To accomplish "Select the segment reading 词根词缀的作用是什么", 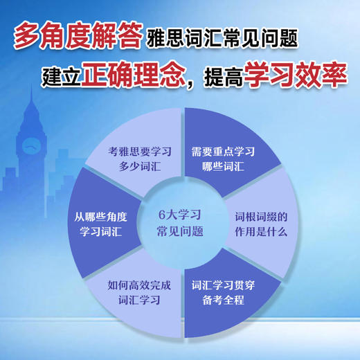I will click(x=260, y=223).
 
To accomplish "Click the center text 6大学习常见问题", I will click(x=180, y=222).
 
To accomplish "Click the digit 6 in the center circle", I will click(x=161, y=214).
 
